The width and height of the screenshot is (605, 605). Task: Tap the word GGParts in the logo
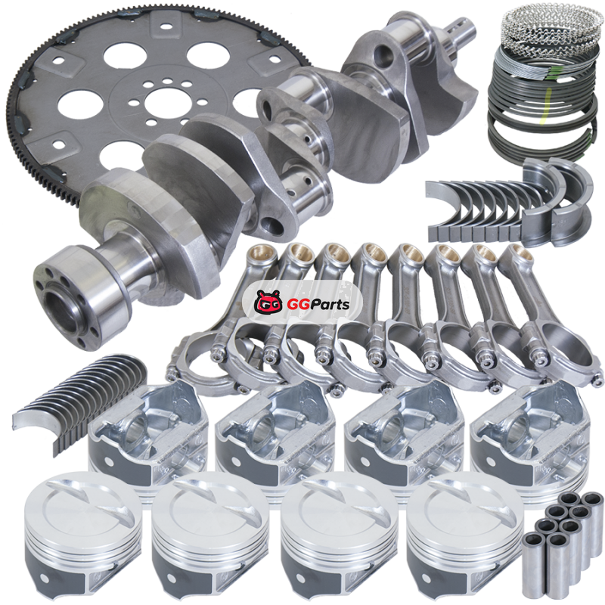pos(318,304)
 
